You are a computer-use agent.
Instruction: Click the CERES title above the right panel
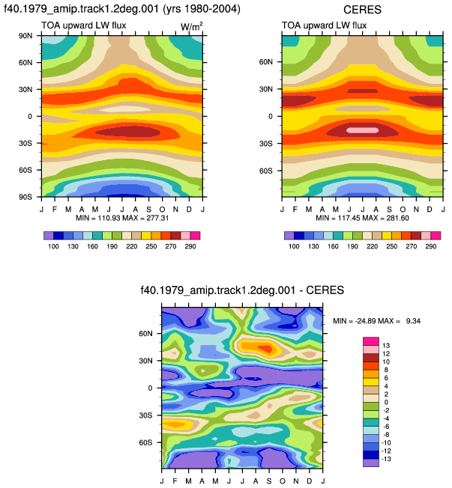pos(362,10)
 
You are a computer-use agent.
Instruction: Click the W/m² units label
pos(191,27)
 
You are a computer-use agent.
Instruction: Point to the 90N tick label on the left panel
pos(25,36)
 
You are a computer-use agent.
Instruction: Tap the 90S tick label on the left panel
pos(25,197)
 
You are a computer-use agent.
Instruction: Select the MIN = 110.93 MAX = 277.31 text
pos(122,218)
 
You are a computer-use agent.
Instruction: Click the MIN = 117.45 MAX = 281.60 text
pos(363,218)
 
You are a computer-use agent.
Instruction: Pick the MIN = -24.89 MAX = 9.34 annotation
pos(376,320)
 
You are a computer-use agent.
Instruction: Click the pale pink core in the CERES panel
pos(363,130)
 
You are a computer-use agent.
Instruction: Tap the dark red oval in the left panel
pos(128,132)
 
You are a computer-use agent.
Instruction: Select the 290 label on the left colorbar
pos(190,246)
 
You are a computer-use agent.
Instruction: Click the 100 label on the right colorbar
pos(294,246)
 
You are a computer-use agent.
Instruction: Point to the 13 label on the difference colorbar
pos(386,346)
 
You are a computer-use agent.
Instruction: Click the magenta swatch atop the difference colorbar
pos(371,341)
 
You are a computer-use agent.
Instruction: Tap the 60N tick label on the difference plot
pos(145,334)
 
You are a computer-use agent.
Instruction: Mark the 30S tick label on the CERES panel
pos(265,144)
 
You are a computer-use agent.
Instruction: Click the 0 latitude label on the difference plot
pos(150,388)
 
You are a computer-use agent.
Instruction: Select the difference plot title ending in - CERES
pos(242,290)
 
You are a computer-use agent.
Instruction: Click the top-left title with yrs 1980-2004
pos(122,9)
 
